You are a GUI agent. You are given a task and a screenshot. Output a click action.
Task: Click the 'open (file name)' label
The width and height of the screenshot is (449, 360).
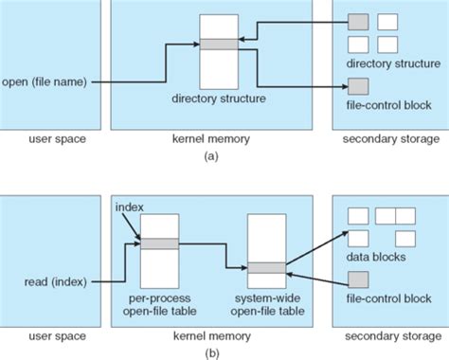45,81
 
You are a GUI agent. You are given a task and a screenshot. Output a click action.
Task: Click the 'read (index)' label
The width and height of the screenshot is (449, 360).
45,280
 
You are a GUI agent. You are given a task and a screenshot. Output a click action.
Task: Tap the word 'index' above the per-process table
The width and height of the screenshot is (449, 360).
129,206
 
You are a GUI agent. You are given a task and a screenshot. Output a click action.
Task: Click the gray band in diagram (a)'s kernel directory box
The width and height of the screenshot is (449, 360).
219,44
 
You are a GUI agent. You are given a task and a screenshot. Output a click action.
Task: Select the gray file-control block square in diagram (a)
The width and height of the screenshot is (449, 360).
358,87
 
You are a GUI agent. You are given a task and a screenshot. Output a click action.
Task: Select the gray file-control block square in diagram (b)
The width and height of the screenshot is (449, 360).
358,279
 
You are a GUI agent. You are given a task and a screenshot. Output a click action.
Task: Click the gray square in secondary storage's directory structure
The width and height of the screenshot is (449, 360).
358,21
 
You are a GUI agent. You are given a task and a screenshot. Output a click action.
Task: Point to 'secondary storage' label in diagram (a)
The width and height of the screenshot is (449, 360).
389,139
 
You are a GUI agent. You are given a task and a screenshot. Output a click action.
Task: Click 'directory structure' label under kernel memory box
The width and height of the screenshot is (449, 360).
219,98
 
